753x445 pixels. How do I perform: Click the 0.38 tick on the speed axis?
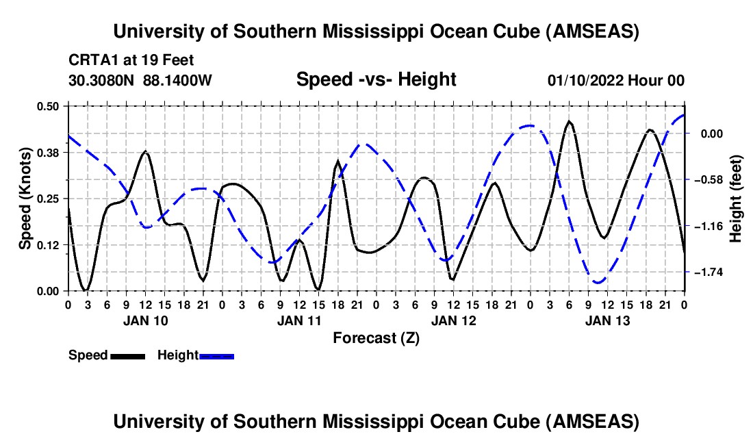point(48,152)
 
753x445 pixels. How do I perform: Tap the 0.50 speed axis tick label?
point(48,106)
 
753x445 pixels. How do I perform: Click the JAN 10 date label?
point(144,320)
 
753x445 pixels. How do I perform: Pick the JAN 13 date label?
point(607,320)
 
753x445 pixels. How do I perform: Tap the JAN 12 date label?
point(453,320)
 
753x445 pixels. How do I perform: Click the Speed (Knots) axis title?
point(25,199)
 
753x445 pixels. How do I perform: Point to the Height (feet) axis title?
point(737,199)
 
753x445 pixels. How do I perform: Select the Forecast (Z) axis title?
point(376,338)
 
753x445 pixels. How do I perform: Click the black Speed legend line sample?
point(127,356)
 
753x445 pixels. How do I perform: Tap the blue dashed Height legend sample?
point(216,356)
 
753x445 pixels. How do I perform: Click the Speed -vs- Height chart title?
point(376,80)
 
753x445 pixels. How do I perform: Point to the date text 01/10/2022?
point(584,81)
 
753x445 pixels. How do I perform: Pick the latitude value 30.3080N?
point(103,81)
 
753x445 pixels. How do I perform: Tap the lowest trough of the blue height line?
point(598,282)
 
